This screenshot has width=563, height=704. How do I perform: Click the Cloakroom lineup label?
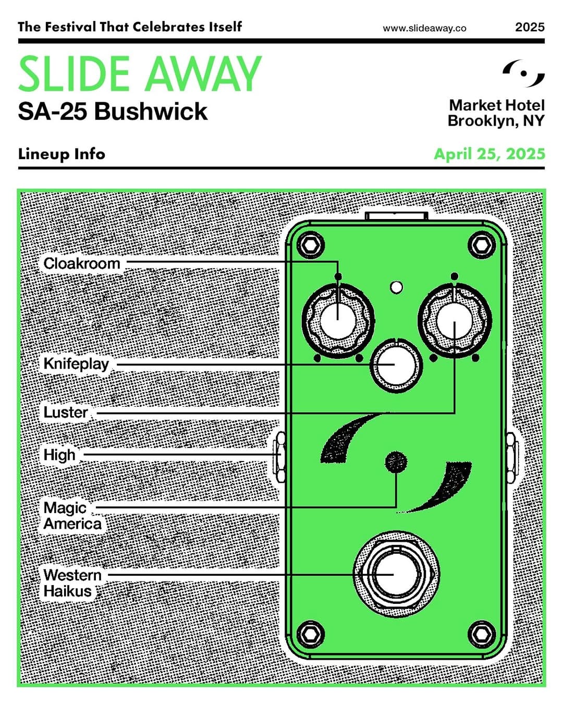82,263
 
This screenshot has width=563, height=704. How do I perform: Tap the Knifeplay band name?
76,364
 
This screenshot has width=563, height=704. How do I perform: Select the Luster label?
66,412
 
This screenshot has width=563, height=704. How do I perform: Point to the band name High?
59,455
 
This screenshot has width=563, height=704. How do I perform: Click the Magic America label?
72,516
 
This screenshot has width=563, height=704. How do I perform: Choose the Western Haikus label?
72,583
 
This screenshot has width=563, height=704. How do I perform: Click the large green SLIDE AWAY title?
140,74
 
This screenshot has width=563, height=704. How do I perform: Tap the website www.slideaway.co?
425,29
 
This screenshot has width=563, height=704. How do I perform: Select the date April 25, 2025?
489,154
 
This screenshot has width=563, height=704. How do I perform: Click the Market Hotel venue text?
497,105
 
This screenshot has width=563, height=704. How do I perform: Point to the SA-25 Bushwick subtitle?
113,112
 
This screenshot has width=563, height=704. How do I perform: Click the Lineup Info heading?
62,154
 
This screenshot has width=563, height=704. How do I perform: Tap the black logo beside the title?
524,74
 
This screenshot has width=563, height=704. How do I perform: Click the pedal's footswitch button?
396,575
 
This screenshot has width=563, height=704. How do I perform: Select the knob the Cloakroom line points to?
338,321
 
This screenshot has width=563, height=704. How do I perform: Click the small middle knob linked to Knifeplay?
396,366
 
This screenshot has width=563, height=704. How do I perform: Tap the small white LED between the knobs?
397,287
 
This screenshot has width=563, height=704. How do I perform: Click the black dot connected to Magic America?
396,462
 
